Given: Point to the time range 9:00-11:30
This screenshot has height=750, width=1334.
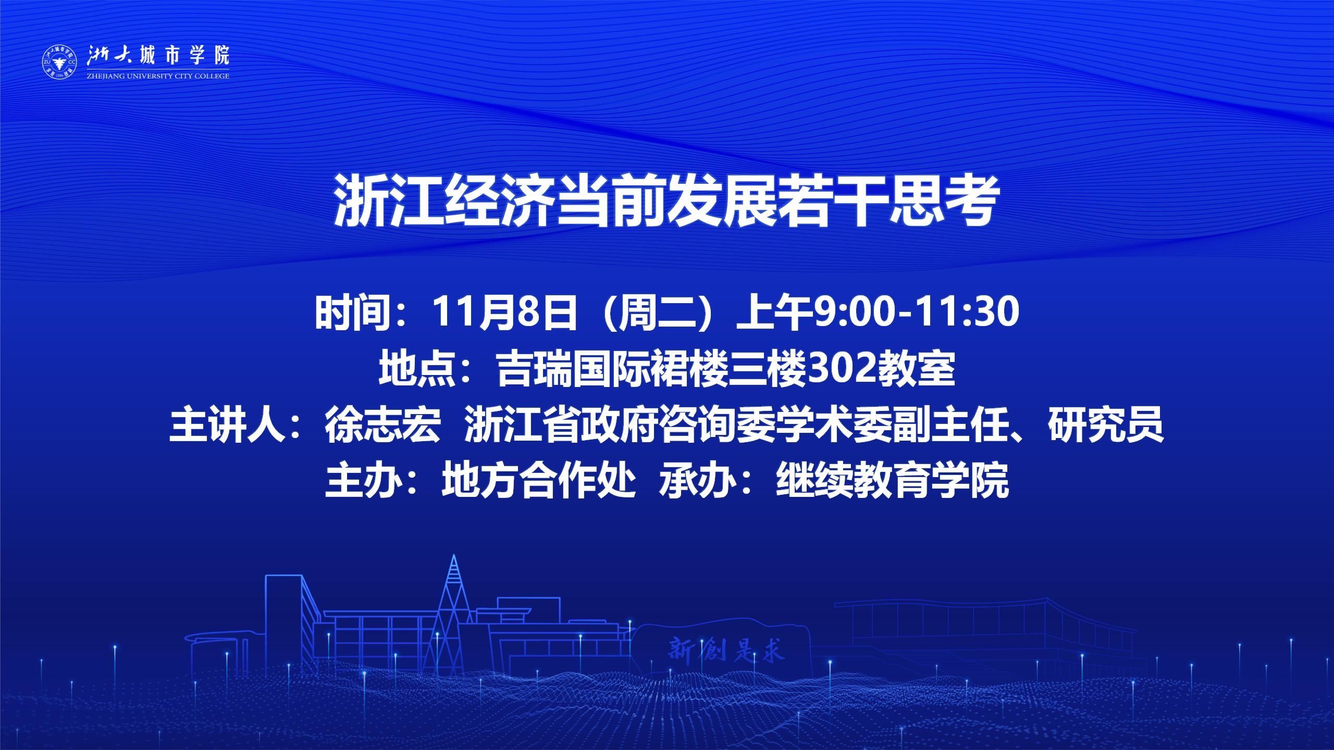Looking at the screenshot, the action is [x=916, y=312].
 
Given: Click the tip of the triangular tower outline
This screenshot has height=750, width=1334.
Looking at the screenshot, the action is [x=454, y=555].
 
